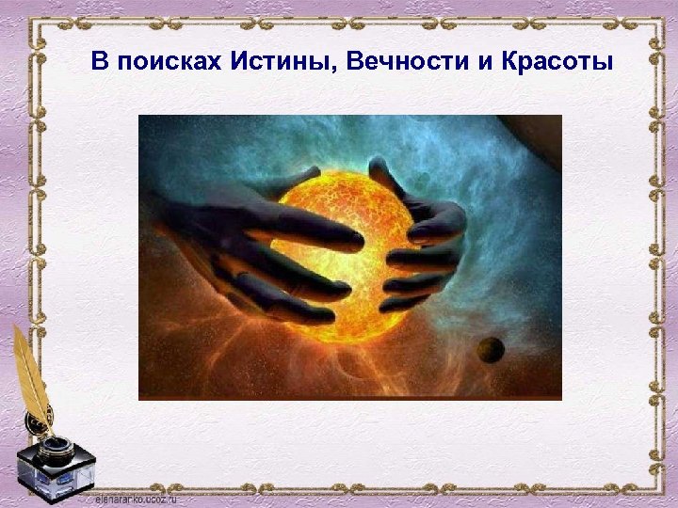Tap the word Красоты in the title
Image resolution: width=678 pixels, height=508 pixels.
pos(557,63)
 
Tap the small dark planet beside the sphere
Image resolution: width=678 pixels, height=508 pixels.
pos(490,350)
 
